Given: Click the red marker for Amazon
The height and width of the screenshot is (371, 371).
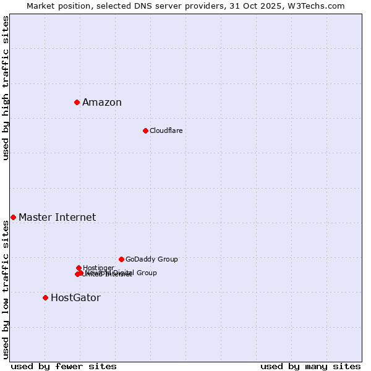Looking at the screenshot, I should point(77,102).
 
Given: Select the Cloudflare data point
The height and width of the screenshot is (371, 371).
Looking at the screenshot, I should point(145,130).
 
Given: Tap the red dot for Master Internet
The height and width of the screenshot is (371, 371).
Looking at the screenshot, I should point(13,217).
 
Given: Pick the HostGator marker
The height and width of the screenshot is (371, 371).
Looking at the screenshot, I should point(45,297).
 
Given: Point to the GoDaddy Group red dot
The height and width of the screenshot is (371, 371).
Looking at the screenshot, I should point(121,259).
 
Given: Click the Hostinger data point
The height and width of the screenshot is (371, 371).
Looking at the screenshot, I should point(79,268).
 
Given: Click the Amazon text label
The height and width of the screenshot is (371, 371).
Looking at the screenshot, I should point(102,103).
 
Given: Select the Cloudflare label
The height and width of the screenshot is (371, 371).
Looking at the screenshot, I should point(166,130).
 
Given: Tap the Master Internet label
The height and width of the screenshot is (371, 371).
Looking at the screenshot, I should point(57,217).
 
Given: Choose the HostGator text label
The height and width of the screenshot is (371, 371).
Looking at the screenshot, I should point(75,298).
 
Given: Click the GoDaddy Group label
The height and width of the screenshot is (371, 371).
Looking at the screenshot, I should point(151,259).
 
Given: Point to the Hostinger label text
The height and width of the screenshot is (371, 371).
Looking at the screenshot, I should point(98,268).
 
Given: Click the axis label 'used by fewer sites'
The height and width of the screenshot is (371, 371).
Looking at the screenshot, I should point(64,366).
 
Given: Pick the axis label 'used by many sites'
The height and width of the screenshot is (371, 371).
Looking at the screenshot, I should point(310,366).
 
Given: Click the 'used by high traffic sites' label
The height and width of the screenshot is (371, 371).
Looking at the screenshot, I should point(6,88).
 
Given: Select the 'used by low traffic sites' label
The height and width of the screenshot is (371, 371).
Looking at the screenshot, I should point(6,289).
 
